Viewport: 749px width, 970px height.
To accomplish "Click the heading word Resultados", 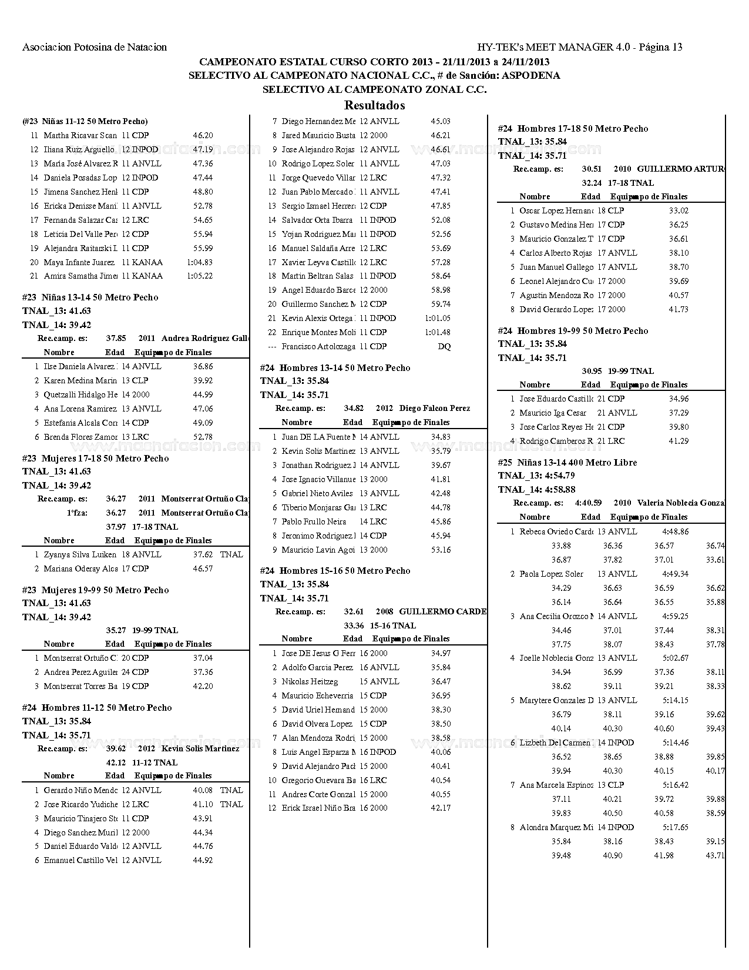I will pos(374,106).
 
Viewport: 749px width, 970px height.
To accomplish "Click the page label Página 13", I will pos(660,48).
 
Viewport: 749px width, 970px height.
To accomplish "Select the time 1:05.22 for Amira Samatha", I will pos(200,276).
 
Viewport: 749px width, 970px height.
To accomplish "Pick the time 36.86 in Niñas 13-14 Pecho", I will pos(203,367).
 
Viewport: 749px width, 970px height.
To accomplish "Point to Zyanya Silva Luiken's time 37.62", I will pos(203,555).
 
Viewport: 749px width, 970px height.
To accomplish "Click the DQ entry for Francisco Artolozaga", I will pos(444,347).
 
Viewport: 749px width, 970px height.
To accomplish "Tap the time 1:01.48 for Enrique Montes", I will pos(438,333).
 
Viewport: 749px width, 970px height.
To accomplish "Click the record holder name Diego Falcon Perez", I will pos(435,409).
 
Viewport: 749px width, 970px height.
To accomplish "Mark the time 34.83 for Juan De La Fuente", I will pos(441,437).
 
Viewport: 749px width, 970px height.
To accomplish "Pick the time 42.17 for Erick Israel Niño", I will pos(441,808).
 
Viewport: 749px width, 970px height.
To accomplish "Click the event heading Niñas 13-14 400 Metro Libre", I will pos(567,463).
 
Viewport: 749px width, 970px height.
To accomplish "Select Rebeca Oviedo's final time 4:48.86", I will pos(676,532).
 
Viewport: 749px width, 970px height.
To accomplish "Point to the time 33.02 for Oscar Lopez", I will pos(679,211).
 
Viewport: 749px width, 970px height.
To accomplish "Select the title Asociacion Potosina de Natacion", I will pos(95,48).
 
